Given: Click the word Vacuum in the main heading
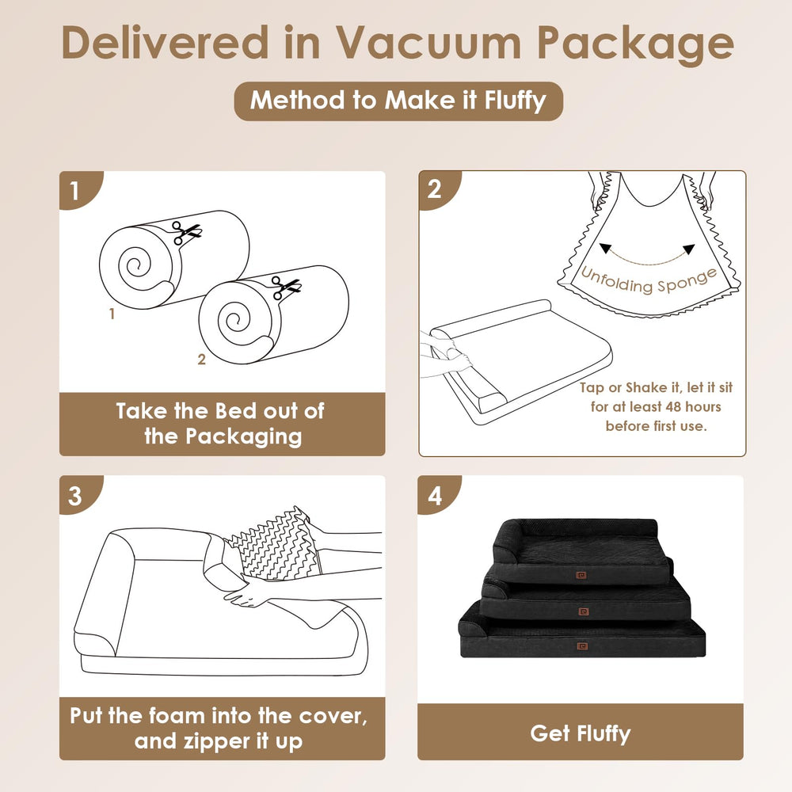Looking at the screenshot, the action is click(428, 44).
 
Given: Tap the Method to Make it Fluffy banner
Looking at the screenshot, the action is click(398, 101).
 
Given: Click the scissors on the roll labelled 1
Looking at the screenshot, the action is click(186, 232).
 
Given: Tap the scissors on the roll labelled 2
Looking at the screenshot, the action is click(285, 287).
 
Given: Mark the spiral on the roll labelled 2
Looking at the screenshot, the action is click(234, 322).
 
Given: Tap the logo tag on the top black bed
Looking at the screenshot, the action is click(582, 575).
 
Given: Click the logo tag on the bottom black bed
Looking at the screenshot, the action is click(582, 646).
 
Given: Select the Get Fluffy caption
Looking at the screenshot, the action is click(581, 733).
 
